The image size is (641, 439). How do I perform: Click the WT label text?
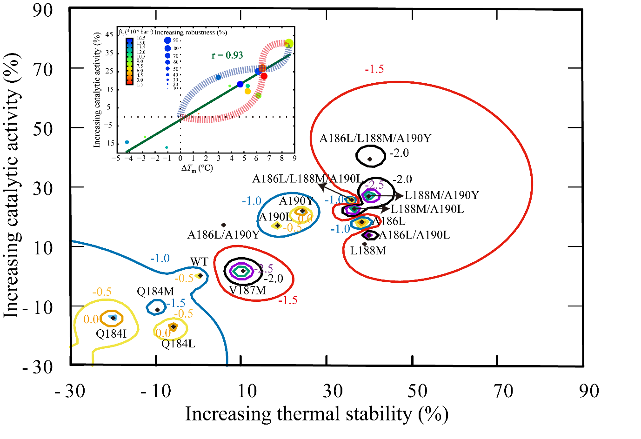pos(199,262)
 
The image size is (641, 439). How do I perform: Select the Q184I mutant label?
pos(111,333)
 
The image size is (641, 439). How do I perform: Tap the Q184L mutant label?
pos(178,344)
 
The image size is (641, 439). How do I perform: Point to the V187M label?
pos(247,291)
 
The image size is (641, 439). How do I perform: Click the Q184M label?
pos(155,292)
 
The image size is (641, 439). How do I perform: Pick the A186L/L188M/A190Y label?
pos(375,138)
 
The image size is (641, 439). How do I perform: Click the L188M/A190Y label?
pos(441,195)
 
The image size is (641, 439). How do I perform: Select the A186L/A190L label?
pos(414,235)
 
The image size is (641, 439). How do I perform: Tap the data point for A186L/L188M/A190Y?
pos(370,159)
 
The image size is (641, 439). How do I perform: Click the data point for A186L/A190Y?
pos(224,225)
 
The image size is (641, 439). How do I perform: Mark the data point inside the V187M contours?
pos(243,271)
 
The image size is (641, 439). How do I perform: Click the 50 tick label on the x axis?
pos(417,391)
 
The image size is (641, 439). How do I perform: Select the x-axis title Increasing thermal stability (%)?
pos(317,414)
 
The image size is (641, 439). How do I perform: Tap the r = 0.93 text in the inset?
pos(227,55)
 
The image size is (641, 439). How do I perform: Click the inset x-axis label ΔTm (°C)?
pos(197,168)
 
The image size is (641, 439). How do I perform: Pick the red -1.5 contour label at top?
pos(374,69)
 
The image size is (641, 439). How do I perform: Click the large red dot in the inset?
pos(264,76)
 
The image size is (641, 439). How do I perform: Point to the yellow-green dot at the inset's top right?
pos(289,44)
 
